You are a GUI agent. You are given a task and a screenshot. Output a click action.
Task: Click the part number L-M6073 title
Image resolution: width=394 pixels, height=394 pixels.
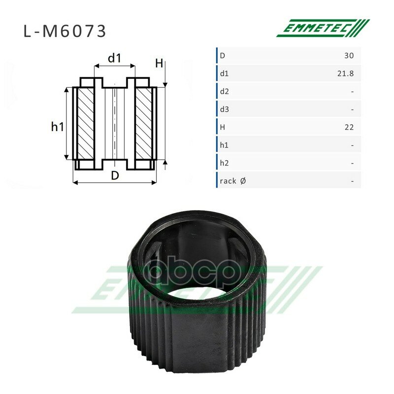click(x=65, y=32)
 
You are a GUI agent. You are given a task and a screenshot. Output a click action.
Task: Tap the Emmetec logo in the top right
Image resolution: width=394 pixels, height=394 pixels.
click(x=323, y=28)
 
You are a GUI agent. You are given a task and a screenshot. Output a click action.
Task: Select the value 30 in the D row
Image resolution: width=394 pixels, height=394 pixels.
click(x=349, y=56)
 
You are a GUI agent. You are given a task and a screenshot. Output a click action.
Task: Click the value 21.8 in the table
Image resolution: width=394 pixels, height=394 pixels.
click(x=346, y=73)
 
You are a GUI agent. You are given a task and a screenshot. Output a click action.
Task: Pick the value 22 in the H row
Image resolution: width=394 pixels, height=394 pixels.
click(x=349, y=127)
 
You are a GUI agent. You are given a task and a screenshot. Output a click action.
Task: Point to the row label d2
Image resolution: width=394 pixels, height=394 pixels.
click(x=225, y=92)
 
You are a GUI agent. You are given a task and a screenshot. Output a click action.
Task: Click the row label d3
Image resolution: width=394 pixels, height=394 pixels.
click(x=225, y=109)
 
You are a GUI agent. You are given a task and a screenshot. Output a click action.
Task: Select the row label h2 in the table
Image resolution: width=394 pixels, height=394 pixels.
click(x=225, y=163)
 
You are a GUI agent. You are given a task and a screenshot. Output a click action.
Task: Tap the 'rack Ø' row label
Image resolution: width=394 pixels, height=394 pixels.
click(x=232, y=181)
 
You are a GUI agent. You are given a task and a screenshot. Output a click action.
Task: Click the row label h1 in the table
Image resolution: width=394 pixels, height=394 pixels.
click(x=224, y=145)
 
